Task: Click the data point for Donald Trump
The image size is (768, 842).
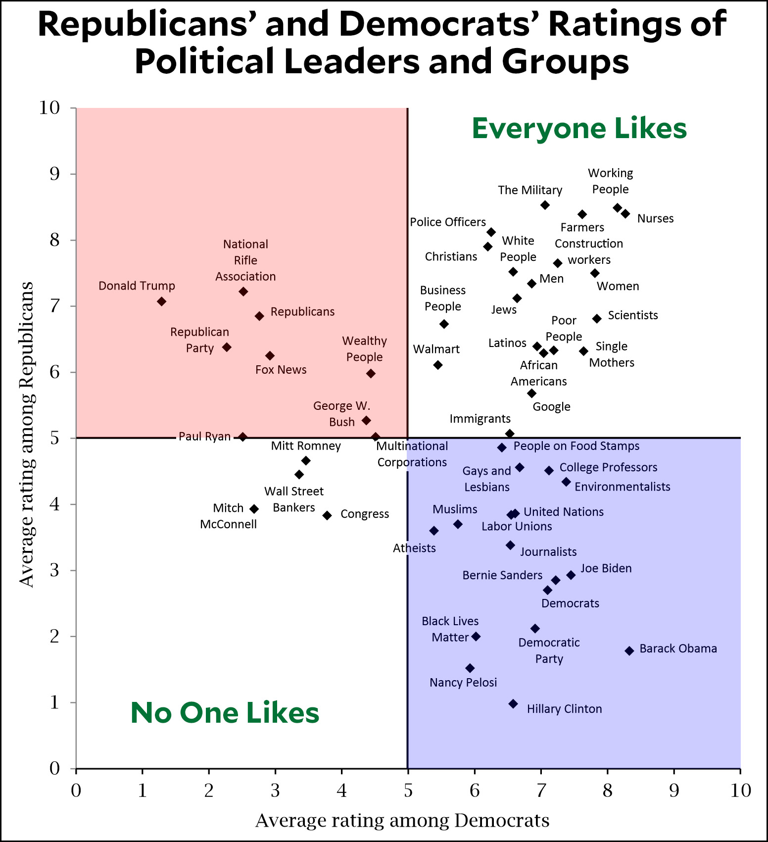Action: pos(161,301)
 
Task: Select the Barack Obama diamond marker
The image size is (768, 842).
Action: pos(629,651)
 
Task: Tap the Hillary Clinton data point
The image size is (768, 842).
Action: pos(513,704)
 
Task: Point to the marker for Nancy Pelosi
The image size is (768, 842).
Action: pos(470,668)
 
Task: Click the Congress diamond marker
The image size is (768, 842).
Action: pos(327,515)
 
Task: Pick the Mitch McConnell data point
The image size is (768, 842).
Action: pos(254,509)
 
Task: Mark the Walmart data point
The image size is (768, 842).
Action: pos(437,365)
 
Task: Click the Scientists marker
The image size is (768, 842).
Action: pos(597,319)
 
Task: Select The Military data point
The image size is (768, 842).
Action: pos(545,205)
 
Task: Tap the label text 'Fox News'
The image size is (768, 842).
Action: pos(281,370)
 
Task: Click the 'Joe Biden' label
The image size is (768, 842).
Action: pos(606,568)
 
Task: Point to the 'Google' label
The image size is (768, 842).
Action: pos(551,407)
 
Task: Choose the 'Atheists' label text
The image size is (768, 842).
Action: pos(414,548)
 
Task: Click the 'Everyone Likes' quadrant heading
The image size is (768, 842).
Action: pos(579,129)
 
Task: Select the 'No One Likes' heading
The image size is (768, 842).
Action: pos(225,713)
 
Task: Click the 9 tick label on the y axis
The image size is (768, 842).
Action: pos(54,174)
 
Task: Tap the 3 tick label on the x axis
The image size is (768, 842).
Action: pos(275,791)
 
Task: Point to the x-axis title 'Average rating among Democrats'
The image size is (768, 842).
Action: pos(402,820)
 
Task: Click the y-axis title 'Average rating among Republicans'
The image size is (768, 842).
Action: pos(27,435)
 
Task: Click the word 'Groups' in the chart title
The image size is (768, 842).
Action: pos(565,62)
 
